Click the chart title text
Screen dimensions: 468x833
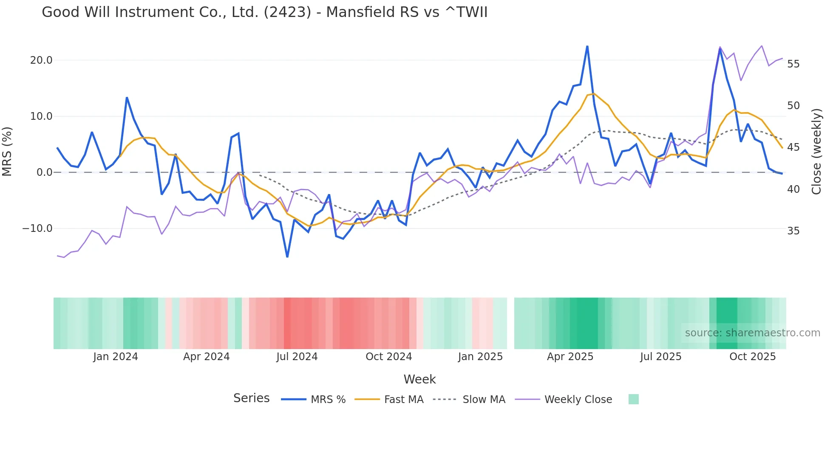(x=264, y=12)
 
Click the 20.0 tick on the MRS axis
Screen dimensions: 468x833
(x=41, y=60)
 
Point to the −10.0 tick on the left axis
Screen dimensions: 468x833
(x=37, y=228)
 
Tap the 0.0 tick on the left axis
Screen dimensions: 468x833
(x=44, y=172)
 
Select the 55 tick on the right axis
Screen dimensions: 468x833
(x=793, y=64)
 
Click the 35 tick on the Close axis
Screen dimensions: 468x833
(x=793, y=231)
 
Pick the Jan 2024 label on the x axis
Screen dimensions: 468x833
(x=116, y=357)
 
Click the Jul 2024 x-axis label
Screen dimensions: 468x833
(x=297, y=357)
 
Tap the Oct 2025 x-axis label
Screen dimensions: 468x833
(x=752, y=357)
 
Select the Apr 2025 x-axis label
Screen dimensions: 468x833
(x=570, y=357)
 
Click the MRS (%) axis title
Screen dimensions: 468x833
(x=7, y=152)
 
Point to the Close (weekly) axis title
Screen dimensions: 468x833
(x=816, y=152)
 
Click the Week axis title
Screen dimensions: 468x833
(x=419, y=379)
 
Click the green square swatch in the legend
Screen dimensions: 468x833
(x=633, y=399)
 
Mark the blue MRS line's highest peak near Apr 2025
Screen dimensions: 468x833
(x=587, y=46)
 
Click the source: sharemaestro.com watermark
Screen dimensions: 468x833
(x=752, y=333)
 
